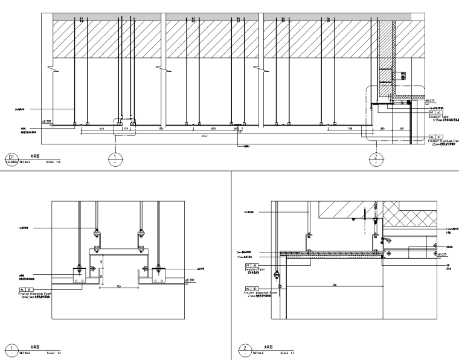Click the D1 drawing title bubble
9,160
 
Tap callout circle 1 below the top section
115,159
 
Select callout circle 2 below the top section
376,159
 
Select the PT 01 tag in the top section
436,112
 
